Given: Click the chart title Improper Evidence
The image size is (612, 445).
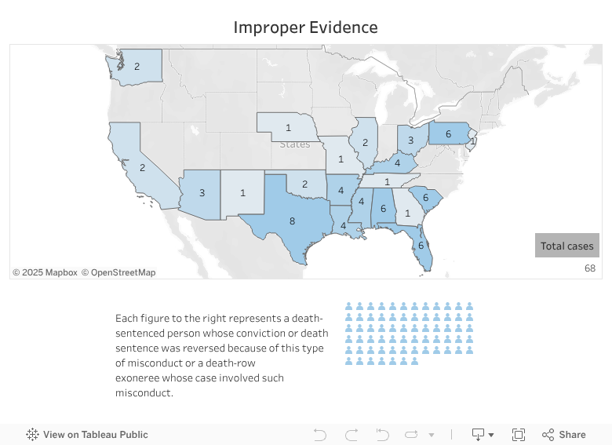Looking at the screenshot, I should [305, 27].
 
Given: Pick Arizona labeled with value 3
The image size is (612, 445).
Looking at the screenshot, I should [202, 193].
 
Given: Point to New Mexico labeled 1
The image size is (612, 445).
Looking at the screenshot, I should [242, 193].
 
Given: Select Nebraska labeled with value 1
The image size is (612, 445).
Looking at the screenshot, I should [288, 127].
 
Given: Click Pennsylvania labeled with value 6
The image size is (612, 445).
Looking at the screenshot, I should [447, 134].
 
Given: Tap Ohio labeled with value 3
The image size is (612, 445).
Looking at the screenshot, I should [410, 140].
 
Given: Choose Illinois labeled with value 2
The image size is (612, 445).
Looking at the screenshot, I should [364, 142].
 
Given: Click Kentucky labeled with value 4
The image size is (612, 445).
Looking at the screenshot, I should [396, 163].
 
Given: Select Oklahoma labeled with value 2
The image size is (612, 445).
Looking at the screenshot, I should [304, 184].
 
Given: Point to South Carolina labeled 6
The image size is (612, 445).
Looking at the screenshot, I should [424, 197].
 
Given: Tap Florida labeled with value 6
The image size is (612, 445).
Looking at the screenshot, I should [421, 244].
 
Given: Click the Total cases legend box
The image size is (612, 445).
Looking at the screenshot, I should [567, 246].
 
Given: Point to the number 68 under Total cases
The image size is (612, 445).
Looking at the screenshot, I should [590, 268].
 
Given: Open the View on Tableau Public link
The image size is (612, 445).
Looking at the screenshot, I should [87, 435].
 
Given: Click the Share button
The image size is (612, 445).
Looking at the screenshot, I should [564, 435].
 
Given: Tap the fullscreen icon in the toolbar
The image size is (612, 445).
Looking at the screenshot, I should [519, 435].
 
